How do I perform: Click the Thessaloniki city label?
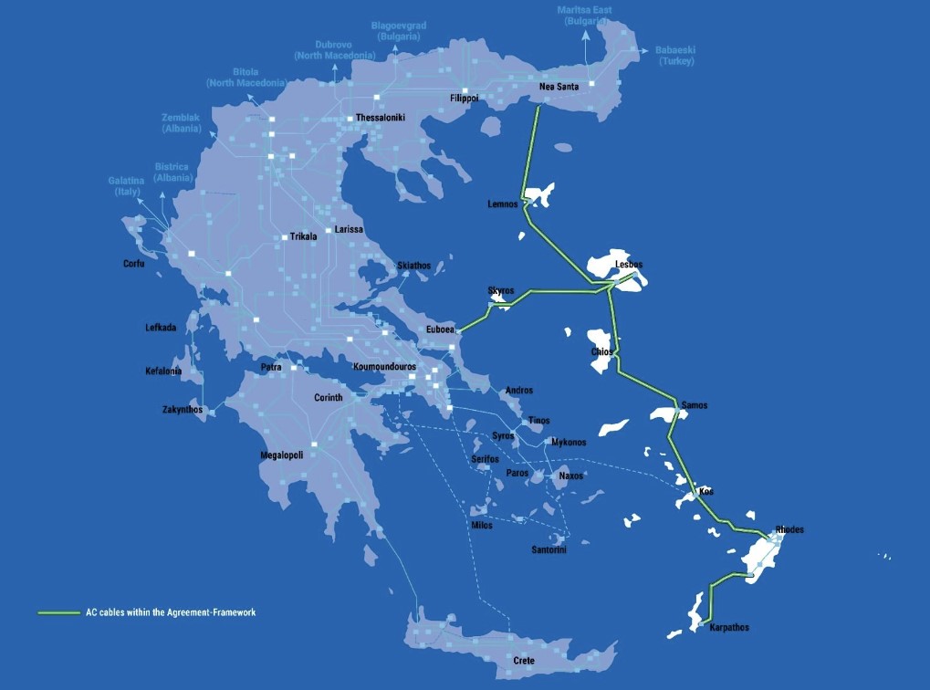(380, 119)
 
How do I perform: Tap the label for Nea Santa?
(559, 88)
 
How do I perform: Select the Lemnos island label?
(503, 204)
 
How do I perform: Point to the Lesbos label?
(629, 265)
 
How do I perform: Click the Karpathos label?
(728, 628)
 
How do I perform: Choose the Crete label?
(523, 661)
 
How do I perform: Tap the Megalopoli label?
(281, 455)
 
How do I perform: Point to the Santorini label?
(549, 549)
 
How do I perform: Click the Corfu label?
(134, 265)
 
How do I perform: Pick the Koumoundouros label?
(384, 367)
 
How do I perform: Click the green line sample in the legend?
(58, 612)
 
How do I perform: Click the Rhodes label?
(789, 530)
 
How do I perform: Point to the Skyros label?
(501, 291)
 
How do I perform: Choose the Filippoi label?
(464, 99)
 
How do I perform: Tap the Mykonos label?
(569, 443)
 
